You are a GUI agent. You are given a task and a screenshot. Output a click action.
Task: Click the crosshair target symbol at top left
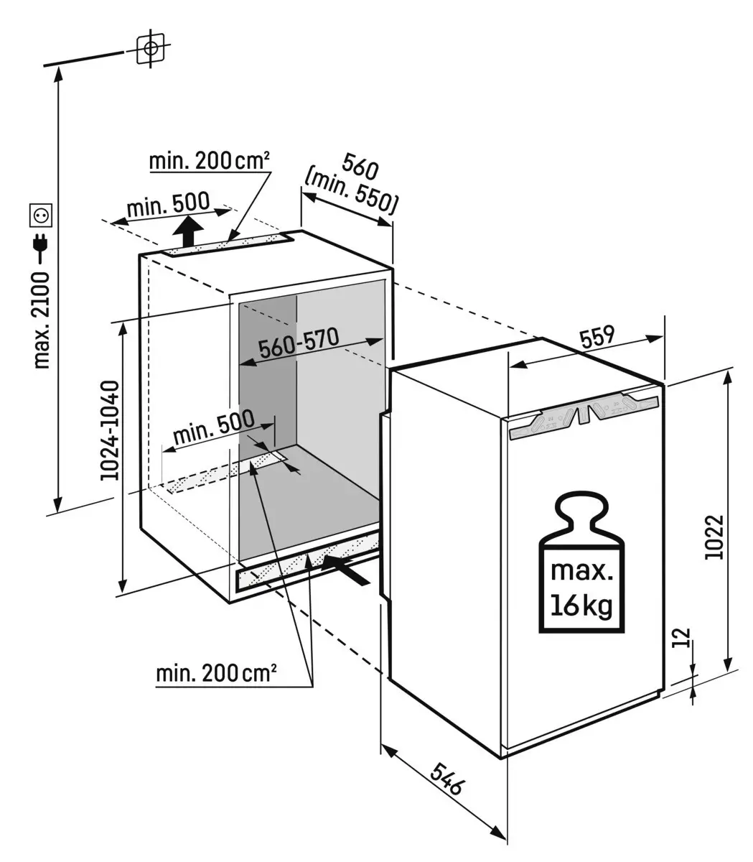(x=151, y=49)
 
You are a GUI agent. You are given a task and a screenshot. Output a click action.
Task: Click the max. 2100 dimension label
(x=42, y=319)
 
